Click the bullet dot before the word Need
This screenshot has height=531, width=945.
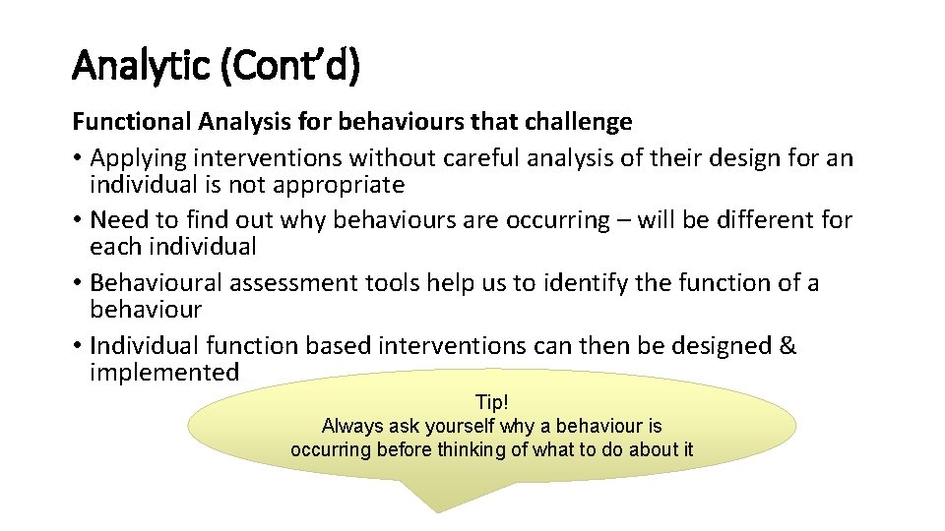click(77, 220)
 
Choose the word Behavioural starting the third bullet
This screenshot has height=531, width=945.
click(156, 283)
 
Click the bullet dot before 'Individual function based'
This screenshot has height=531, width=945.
click(77, 346)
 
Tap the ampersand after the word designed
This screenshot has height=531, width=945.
click(787, 346)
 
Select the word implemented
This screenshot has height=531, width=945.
click(164, 373)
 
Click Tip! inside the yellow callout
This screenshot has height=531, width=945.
click(492, 402)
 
